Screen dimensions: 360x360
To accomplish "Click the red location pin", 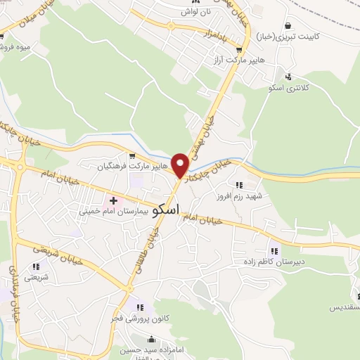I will [x=181, y=165].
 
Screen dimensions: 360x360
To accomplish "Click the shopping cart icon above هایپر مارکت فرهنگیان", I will [x=131, y=156].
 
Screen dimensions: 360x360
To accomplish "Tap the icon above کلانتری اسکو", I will [x=289, y=77].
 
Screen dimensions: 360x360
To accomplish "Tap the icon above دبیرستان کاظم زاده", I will [x=274, y=251].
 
